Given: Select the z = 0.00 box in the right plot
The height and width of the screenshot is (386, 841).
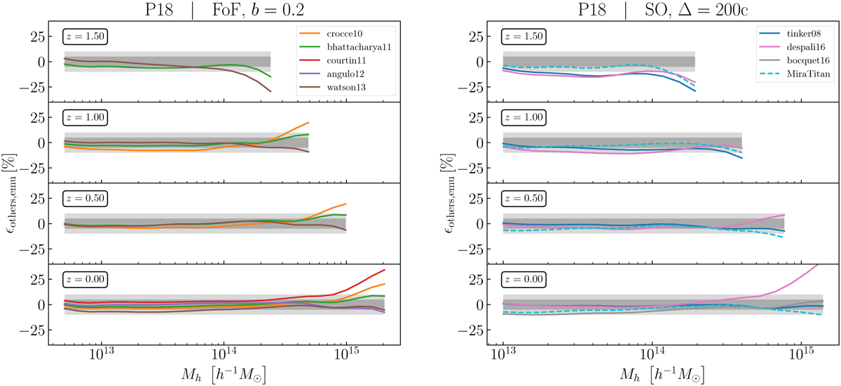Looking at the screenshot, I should (524, 279).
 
